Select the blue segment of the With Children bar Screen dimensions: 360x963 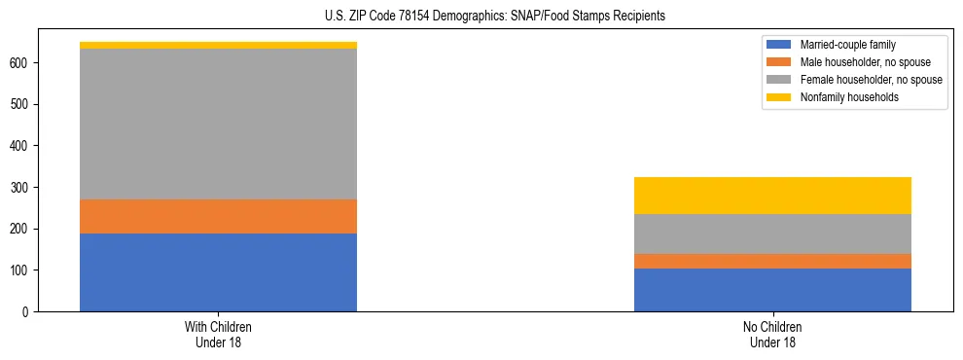tap(218, 272)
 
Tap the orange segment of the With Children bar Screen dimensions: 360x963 tap(218, 216)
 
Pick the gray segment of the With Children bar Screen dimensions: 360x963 tap(218, 125)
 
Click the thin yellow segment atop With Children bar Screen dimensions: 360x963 tap(218, 45)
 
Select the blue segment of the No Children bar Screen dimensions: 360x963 tap(772, 290)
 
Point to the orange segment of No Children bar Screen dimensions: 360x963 tap(772, 261)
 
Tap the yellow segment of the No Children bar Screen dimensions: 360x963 tap(772, 196)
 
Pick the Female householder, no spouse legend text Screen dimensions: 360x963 tap(870, 80)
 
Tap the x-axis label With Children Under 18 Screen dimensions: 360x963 tap(218, 335)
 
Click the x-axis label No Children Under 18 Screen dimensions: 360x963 tap(772, 335)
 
